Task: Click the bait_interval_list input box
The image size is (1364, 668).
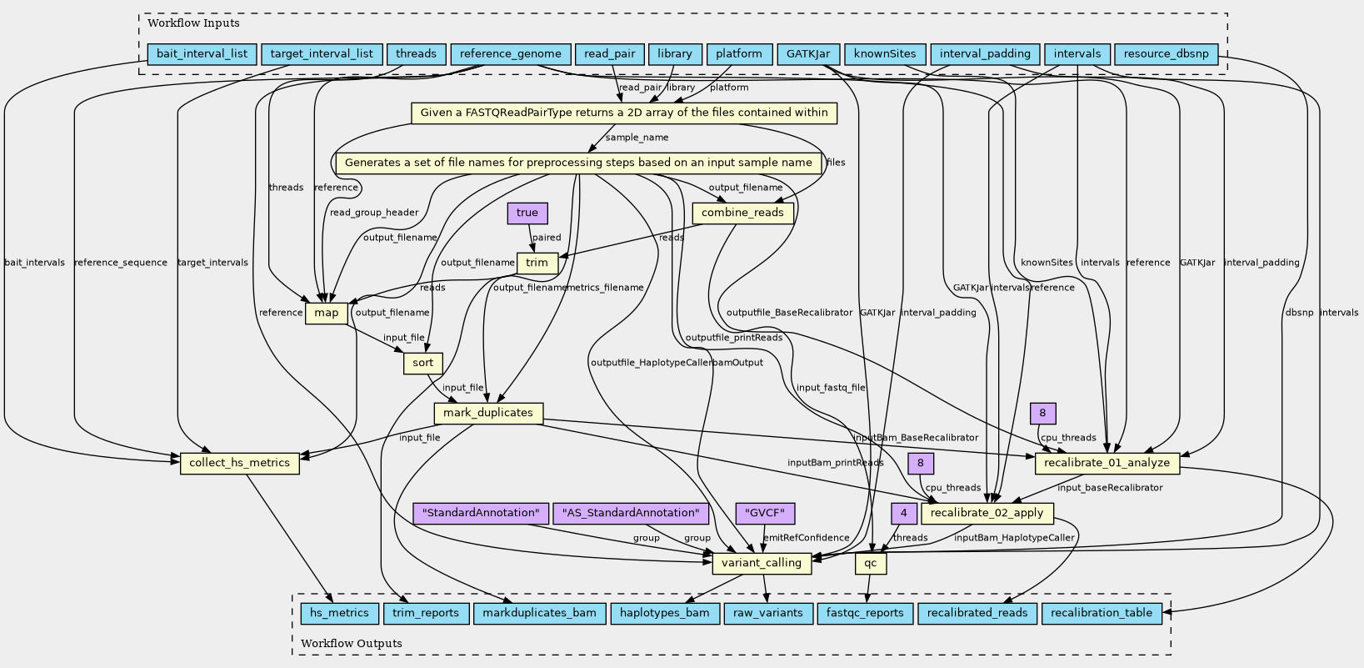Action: click(x=202, y=54)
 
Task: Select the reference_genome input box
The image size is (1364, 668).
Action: click(x=511, y=54)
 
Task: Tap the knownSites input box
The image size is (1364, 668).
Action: click(x=884, y=54)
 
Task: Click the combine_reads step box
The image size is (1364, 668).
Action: click(x=742, y=213)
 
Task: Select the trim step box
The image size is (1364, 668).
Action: click(x=537, y=263)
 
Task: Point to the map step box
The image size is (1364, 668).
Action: click(x=327, y=313)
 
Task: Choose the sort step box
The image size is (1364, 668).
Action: click(x=423, y=363)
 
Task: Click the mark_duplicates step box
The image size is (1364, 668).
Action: click(x=488, y=413)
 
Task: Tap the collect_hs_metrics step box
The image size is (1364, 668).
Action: click(x=240, y=463)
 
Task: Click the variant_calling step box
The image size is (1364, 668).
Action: click(x=762, y=563)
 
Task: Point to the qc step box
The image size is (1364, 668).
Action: click(x=871, y=563)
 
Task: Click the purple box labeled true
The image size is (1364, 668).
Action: click(x=527, y=213)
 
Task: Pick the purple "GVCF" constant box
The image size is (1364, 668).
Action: click(x=766, y=513)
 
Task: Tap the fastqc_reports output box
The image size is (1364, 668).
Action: click(x=865, y=613)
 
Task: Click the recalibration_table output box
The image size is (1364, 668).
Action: click(x=1102, y=613)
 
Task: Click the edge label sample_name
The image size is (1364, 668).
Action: click(x=637, y=138)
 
